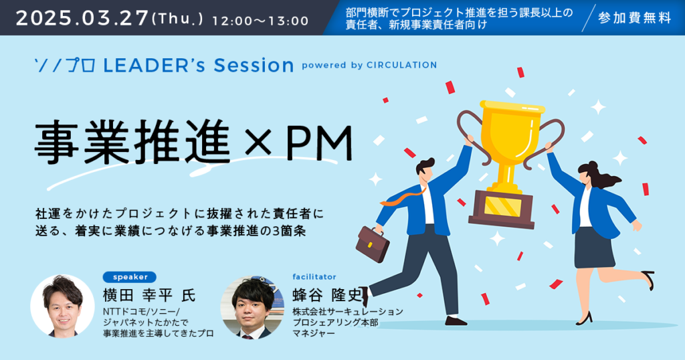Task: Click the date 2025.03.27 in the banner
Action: click(82, 18)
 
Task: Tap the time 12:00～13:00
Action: click(260, 21)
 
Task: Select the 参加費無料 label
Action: click(634, 18)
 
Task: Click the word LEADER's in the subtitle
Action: click(154, 66)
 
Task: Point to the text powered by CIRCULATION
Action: click(369, 65)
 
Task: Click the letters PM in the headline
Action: click(319, 144)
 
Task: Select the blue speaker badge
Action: click(130, 277)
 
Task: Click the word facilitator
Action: click(314, 276)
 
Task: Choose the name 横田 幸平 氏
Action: click(149, 295)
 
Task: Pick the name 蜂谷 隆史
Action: click(327, 295)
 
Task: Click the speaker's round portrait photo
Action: click(62, 306)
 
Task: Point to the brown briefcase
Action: click(373, 244)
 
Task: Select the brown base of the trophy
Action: click(502, 209)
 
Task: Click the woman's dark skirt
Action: click(594, 248)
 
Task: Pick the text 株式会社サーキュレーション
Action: click(347, 312)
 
